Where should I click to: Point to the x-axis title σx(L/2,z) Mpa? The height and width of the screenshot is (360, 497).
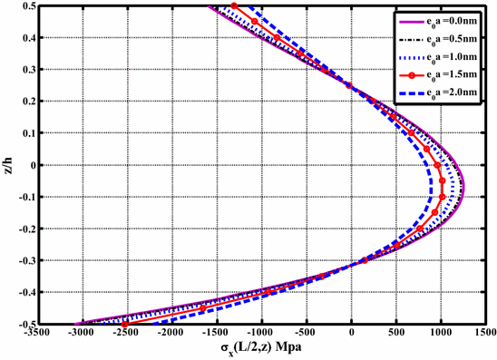click(x=263, y=349)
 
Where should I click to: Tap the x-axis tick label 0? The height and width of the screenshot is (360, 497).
click(x=352, y=333)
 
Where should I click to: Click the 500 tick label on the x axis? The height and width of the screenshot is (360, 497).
click(x=396, y=333)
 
